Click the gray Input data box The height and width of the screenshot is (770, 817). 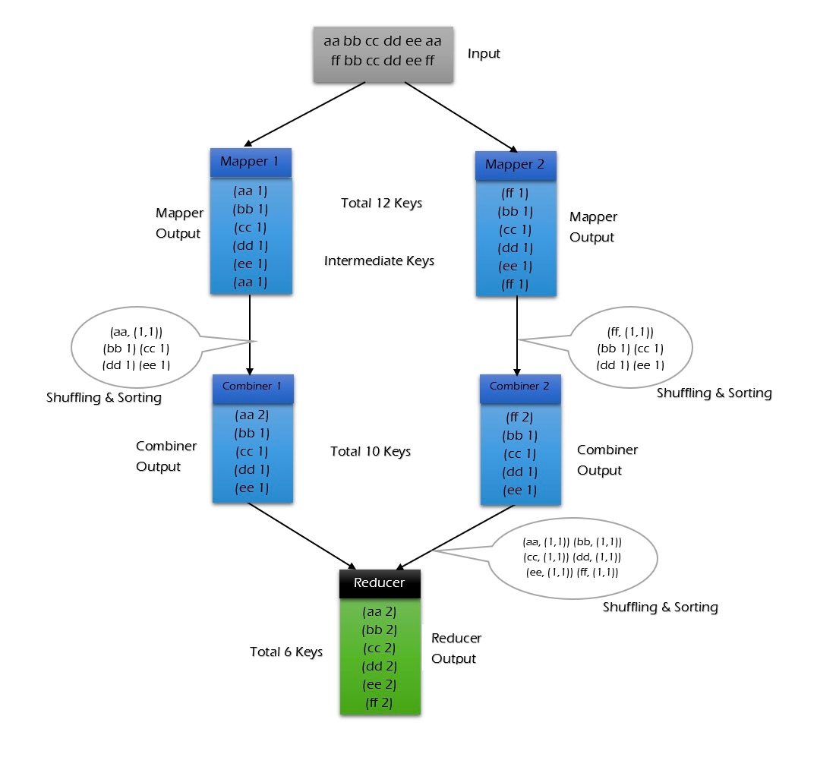tap(383, 54)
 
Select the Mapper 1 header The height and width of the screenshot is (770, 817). tap(251, 162)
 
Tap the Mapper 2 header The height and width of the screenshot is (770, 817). tap(515, 165)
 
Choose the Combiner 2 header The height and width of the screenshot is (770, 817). tap(520, 387)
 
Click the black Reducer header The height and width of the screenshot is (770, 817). tap(379, 583)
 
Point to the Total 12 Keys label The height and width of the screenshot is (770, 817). tap(382, 204)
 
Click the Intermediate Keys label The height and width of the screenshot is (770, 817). tap(379, 261)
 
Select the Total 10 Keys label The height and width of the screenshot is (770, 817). tap(371, 452)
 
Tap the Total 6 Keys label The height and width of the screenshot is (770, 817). tap(286, 652)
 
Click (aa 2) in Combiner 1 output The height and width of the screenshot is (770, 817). tap(251, 415)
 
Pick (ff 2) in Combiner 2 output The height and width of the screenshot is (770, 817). tap(520, 417)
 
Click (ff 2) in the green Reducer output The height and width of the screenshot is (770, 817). tap(378, 702)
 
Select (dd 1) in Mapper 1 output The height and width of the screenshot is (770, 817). tap(251, 246)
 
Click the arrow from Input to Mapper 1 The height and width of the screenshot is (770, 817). tap(304, 113)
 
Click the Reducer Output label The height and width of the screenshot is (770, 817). tap(456, 649)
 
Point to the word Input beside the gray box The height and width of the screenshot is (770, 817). tap(484, 54)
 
